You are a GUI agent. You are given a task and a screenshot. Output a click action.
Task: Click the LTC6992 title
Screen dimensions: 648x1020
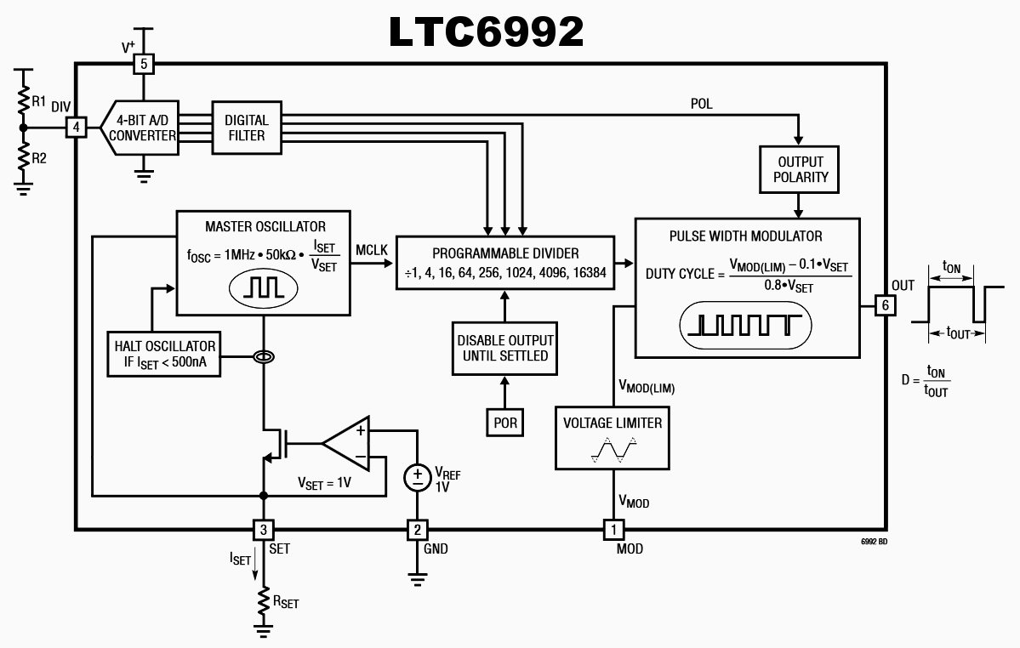point(486,31)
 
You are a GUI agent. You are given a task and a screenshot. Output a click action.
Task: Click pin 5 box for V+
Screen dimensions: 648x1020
point(144,64)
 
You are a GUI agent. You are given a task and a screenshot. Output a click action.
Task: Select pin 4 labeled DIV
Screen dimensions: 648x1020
point(77,128)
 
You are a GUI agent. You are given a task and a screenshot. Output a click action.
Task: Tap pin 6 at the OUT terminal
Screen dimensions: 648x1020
point(885,305)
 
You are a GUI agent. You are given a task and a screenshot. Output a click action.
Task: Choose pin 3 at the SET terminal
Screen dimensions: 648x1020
point(264,529)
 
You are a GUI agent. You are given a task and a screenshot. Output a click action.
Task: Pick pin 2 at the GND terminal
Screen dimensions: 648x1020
point(416,529)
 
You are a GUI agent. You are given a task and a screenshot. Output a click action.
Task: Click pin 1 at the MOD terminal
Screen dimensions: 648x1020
point(612,529)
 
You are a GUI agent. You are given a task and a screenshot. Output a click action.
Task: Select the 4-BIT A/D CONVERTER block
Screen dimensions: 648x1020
point(141,128)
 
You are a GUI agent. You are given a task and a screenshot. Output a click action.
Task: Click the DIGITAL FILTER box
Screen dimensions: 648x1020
point(246,128)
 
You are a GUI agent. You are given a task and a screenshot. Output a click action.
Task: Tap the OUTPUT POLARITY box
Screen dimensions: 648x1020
point(801,169)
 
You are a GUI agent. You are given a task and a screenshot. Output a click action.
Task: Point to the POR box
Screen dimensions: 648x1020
point(504,422)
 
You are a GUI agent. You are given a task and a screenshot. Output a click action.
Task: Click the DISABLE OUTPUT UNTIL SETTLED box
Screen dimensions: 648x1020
point(504,348)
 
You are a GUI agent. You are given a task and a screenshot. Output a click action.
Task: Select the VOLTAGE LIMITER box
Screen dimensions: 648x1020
point(612,437)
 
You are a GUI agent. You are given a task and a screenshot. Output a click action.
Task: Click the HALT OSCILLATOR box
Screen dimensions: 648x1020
point(165,355)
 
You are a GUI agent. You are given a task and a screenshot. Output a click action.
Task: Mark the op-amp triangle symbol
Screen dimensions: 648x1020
point(349,442)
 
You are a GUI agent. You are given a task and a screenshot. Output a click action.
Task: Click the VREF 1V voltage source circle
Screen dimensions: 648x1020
point(417,477)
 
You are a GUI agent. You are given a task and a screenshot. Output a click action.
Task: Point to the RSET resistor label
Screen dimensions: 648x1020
point(285,602)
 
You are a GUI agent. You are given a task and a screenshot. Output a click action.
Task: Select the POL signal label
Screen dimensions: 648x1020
point(702,104)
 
